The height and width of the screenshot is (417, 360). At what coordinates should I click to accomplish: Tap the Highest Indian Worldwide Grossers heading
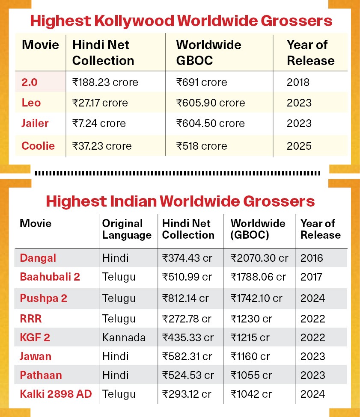[180, 201]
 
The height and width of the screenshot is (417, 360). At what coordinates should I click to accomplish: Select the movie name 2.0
[30, 82]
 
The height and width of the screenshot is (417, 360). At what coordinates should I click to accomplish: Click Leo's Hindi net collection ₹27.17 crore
[100, 103]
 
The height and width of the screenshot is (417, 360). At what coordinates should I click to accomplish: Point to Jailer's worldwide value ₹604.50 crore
[211, 124]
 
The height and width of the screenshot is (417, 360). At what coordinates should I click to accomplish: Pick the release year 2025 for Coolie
[299, 146]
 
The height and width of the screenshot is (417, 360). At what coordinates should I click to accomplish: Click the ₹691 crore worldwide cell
[202, 82]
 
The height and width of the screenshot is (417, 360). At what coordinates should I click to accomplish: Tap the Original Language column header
[127, 229]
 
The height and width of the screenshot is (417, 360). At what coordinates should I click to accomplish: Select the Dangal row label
[38, 258]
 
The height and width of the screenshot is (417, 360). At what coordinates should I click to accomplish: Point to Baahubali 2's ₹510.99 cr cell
[187, 277]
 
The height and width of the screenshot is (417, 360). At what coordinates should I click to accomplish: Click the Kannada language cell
[124, 337]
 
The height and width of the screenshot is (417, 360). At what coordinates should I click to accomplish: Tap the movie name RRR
[30, 319]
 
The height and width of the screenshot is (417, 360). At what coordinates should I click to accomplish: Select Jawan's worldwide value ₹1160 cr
[250, 356]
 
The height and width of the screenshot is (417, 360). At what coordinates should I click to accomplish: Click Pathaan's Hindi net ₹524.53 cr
[188, 375]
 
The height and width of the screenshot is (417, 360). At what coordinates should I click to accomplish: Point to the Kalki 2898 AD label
[56, 394]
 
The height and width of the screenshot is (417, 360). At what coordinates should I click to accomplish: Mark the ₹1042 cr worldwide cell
[251, 394]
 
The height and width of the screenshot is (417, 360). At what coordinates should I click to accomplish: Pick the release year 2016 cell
[312, 258]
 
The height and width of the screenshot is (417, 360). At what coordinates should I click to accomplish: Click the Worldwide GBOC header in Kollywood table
[208, 53]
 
